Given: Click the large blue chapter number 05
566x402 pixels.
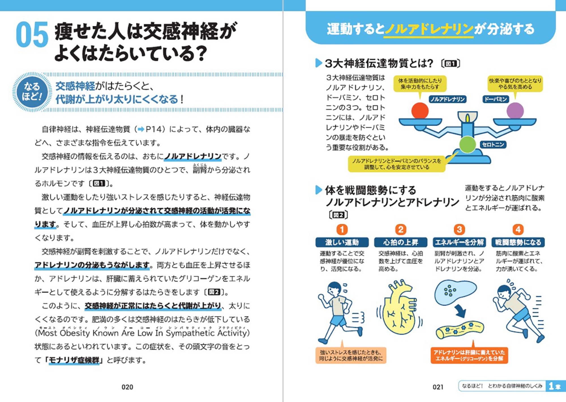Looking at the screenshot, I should click(32, 35).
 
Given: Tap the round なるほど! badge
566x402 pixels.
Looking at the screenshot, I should click(32, 91).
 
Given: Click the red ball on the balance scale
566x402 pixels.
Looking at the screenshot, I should click(420, 110).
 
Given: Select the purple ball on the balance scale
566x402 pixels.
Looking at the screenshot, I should click(515, 110).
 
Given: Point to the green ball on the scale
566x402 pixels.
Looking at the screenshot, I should click(467, 144).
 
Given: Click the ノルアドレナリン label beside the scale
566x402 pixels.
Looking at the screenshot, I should click(447, 99).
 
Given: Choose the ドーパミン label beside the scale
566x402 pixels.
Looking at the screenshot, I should click(496, 99).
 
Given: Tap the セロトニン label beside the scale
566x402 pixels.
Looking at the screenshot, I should click(493, 144).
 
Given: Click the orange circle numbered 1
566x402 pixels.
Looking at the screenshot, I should click(342, 229).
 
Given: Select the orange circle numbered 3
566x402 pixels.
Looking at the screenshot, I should click(459, 229).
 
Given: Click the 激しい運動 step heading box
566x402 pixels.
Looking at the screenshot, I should click(342, 242).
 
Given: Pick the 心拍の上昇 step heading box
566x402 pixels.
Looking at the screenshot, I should click(400, 242).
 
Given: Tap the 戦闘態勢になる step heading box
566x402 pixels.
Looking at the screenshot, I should click(518, 242).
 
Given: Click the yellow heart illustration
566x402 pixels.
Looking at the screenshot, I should click(400, 309).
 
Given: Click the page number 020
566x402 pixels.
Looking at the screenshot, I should click(127, 387).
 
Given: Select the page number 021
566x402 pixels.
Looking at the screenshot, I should click(438, 387).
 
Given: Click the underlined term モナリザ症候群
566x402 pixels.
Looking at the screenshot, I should click(74, 360).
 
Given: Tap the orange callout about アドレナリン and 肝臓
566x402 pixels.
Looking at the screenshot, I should click(469, 355).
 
